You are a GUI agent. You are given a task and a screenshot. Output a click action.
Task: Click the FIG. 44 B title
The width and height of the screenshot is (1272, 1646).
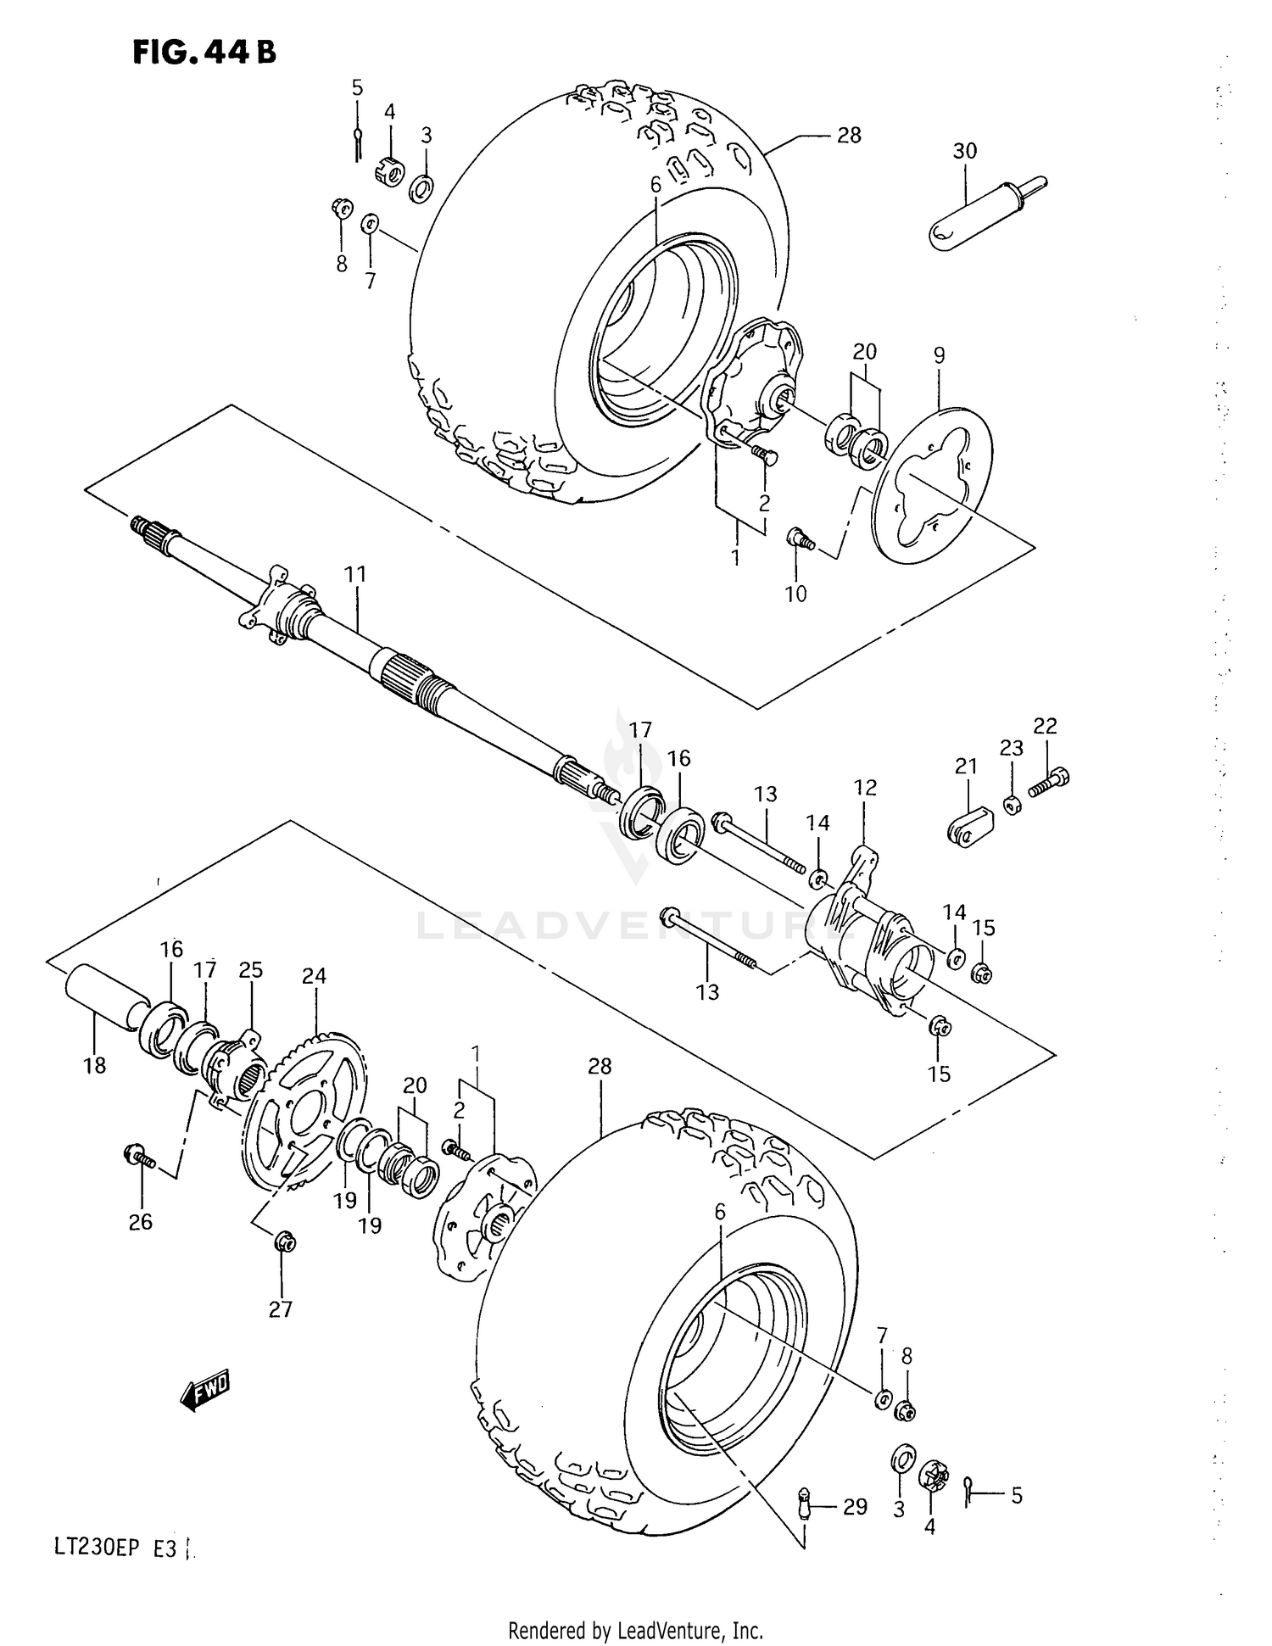pos(204,53)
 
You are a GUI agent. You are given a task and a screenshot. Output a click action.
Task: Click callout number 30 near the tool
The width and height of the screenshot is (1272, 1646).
pos(965,151)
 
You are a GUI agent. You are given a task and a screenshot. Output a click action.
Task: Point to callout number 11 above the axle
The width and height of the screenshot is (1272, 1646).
pos(355,574)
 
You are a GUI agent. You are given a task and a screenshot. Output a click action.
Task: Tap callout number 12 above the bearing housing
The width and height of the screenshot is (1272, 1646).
pos(865,787)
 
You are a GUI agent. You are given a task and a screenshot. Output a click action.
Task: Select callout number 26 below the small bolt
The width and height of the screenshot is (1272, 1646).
pos(141,1221)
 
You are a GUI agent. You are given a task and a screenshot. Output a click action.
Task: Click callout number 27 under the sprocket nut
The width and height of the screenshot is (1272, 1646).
pos(281,1309)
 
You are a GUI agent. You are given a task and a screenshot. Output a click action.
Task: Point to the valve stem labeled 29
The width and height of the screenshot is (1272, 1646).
pos(805,1508)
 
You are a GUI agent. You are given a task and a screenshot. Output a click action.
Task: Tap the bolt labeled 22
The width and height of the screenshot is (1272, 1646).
pos(1050,781)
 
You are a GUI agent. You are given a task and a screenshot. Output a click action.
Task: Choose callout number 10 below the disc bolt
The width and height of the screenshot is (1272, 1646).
pos(795,594)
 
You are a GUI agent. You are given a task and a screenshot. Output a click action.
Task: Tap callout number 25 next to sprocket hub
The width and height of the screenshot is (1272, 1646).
pos(251,969)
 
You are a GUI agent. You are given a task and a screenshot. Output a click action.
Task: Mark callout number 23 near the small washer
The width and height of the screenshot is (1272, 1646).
pos(1011,748)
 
